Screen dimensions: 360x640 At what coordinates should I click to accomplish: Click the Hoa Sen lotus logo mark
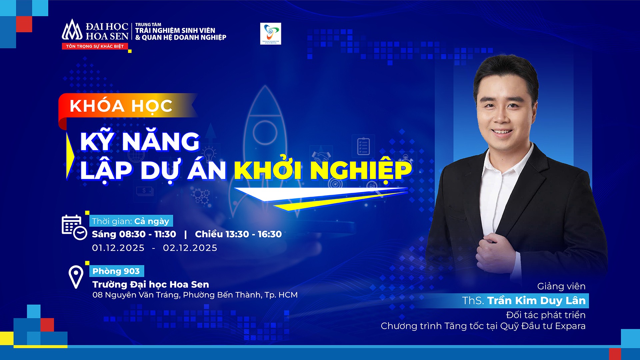(72, 30)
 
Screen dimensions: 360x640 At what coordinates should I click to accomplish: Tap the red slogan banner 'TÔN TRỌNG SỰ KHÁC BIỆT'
(95, 46)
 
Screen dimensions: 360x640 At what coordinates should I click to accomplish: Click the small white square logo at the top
(270, 34)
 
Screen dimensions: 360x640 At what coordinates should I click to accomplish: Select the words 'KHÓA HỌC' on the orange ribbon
(121, 106)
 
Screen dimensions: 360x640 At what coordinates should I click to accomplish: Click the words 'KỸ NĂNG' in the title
(140, 142)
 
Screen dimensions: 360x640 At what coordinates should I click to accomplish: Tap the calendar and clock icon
(74, 227)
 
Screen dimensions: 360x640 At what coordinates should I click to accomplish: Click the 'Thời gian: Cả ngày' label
(131, 221)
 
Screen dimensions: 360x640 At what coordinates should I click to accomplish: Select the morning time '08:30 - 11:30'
(147, 234)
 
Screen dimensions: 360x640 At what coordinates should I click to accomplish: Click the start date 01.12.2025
(118, 248)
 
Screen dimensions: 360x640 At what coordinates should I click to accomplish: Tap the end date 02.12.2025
(190, 248)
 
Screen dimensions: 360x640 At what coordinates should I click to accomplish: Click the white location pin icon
(76, 276)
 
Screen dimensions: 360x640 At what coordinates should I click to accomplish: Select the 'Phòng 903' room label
(116, 271)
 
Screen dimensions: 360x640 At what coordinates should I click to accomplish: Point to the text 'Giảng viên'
(561, 286)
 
